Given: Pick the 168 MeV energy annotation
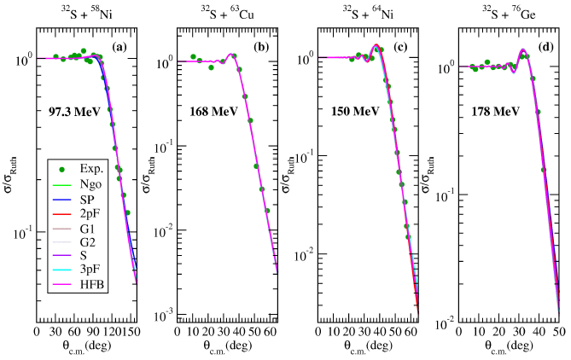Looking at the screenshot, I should (x=211, y=111).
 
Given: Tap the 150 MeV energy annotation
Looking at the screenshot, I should (x=355, y=111).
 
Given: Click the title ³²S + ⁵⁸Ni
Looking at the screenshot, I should (x=84, y=12).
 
